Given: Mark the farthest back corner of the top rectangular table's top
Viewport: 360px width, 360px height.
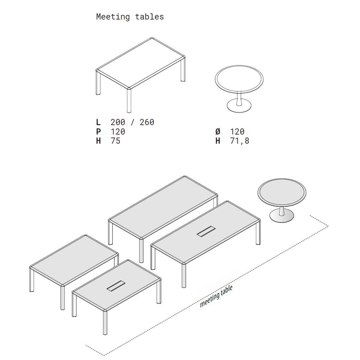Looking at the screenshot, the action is pyautogui.click(x=152, y=38).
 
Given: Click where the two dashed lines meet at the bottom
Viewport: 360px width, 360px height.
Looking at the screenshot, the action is pyautogui.click(x=104, y=355).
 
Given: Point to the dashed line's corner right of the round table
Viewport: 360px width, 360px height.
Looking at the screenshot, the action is pyautogui.click(x=328, y=226).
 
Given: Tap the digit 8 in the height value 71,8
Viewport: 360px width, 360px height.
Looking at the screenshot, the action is pyautogui.click(x=247, y=141).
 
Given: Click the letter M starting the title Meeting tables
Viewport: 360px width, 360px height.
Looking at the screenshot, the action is pyautogui.click(x=99, y=16).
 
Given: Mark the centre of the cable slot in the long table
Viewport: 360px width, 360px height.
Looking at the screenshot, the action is pyautogui.click(x=206, y=232).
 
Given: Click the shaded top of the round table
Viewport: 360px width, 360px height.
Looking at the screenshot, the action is pyautogui.click(x=282, y=192).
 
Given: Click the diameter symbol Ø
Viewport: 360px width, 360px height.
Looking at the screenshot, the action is pyautogui.click(x=218, y=131).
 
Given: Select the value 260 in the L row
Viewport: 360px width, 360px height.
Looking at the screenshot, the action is pyautogui.click(x=147, y=122).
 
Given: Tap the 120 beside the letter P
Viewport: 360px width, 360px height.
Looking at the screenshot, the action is pyautogui.click(x=118, y=131).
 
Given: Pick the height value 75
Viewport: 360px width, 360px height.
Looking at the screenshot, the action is pyautogui.click(x=115, y=141).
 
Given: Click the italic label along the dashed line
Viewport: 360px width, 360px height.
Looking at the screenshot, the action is pyautogui.click(x=216, y=296).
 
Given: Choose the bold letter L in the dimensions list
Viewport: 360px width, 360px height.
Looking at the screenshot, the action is pyautogui.click(x=98, y=122).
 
